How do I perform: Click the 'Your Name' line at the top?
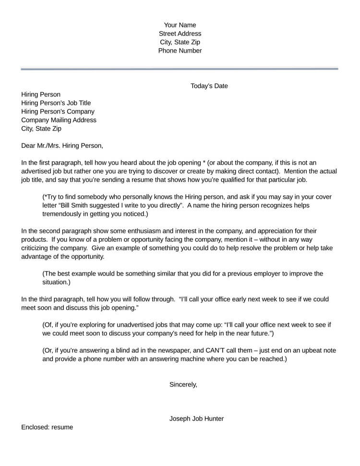(x=180, y=25)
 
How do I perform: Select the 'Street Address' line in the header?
(x=180, y=34)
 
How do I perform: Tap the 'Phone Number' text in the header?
(x=180, y=51)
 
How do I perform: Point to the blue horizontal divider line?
(x=180, y=69)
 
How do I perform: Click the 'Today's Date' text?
(x=209, y=86)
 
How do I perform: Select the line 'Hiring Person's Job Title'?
(x=56, y=103)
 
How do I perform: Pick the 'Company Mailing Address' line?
(x=59, y=120)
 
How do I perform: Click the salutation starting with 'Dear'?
(x=62, y=145)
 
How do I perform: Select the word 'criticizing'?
(x=38, y=249)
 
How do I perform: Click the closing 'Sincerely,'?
(x=183, y=384)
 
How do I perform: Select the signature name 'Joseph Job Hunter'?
(x=196, y=418)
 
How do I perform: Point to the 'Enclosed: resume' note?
(x=47, y=427)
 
